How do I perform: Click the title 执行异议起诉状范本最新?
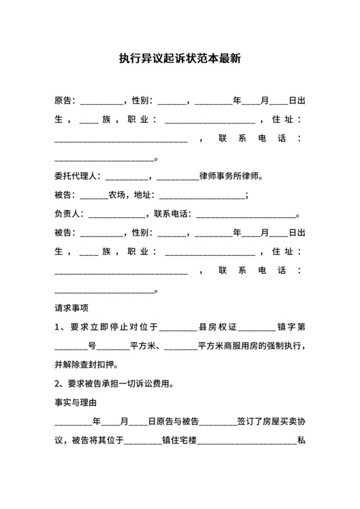pos(180,58)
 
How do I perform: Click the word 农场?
pos(116,195)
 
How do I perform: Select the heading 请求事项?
pos(71,307)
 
